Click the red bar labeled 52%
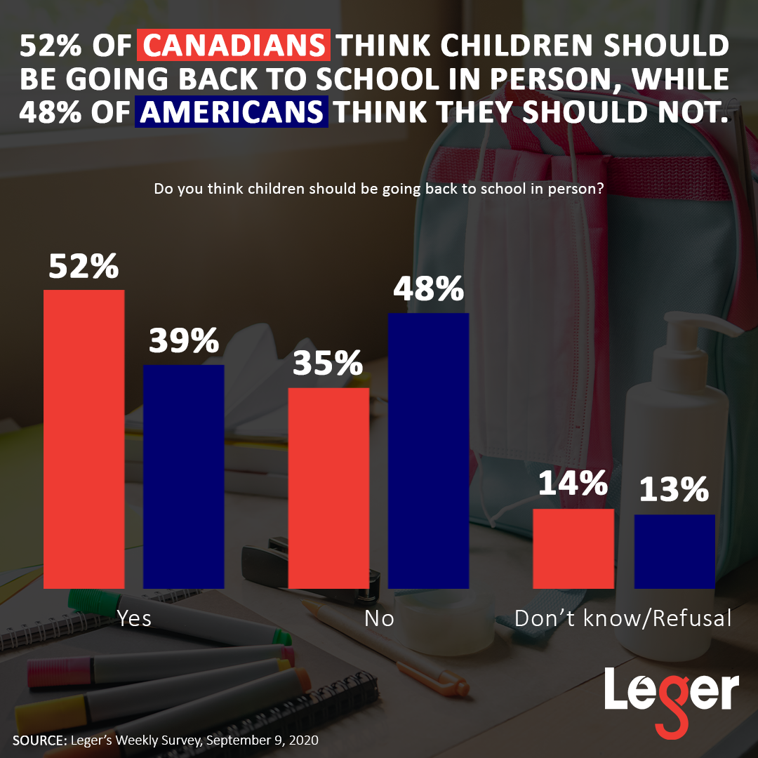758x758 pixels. pos(84,439)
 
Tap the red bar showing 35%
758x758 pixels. pos(328,487)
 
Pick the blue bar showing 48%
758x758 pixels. pos(428,450)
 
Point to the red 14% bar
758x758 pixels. pos(573,548)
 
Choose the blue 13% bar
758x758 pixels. pos(674,551)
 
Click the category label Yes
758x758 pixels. pos(134,618)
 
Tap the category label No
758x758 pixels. pos(379,618)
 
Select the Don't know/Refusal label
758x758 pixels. pos(623,618)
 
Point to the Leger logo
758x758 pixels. pos(671,695)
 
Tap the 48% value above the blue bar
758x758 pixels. pos(428,289)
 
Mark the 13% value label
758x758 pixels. pos(674,491)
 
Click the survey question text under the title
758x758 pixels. pos(379,189)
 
